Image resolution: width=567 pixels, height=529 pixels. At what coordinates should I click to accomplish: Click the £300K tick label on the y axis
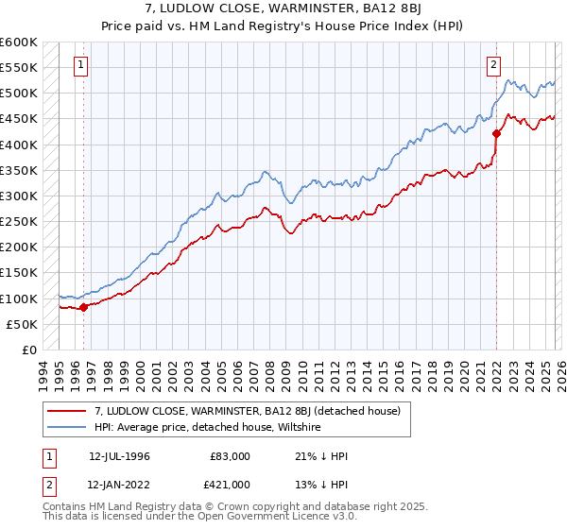[x=19, y=196]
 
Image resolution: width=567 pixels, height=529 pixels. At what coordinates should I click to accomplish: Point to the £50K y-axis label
[x=22, y=324]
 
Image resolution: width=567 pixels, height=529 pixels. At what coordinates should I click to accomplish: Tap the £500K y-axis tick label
[x=19, y=94]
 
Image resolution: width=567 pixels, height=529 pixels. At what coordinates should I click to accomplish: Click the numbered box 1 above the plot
[x=81, y=65]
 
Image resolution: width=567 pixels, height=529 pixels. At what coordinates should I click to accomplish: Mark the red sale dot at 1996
[x=84, y=306]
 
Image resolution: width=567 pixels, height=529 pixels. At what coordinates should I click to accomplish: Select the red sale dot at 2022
[x=496, y=134]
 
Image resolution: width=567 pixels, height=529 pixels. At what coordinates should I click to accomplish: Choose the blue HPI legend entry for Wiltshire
[x=208, y=427]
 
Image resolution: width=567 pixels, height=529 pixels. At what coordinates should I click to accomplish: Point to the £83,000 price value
[x=231, y=456]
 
